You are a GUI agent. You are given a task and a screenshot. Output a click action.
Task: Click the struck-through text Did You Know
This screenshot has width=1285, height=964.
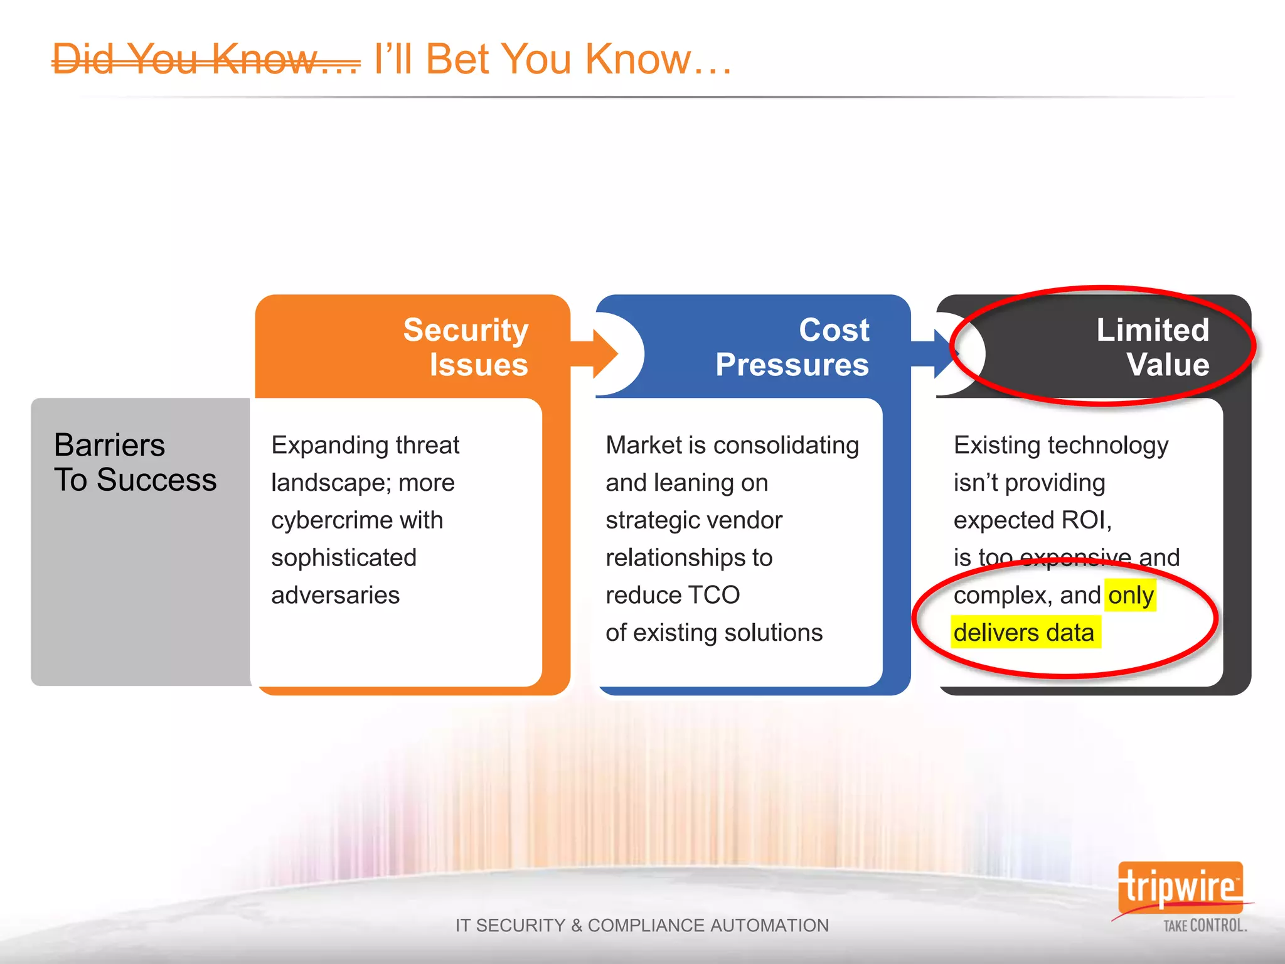coord(206,60)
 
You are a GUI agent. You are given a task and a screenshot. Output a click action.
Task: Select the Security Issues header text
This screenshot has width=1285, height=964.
coord(466,347)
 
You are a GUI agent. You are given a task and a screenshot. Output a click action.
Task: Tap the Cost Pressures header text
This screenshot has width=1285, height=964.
coord(792,347)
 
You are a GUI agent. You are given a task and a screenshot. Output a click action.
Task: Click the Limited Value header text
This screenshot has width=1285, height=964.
coord(1153,347)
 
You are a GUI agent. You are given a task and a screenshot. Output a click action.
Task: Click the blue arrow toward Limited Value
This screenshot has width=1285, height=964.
coord(936,355)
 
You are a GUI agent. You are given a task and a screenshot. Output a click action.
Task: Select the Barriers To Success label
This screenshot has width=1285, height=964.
coord(135,463)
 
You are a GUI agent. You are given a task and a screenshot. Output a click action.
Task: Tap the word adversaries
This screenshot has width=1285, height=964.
coord(335,595)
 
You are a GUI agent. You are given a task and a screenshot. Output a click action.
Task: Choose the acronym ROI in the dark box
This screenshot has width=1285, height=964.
coord(1085,520)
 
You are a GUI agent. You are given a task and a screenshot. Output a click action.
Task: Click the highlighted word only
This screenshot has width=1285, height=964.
coord(1131,595)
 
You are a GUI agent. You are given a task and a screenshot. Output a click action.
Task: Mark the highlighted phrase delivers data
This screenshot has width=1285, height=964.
coord(1024,633)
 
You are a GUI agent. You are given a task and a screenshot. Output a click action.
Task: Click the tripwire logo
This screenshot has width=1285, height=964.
coord(1180,887)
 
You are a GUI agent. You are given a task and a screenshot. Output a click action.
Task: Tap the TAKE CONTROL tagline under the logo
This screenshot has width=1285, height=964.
coord(1205,926)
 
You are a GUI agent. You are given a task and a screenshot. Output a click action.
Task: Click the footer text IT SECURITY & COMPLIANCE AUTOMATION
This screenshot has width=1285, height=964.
coord(642,925)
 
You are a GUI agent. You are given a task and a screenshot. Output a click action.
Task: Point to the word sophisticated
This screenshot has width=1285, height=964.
coord(344,558)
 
